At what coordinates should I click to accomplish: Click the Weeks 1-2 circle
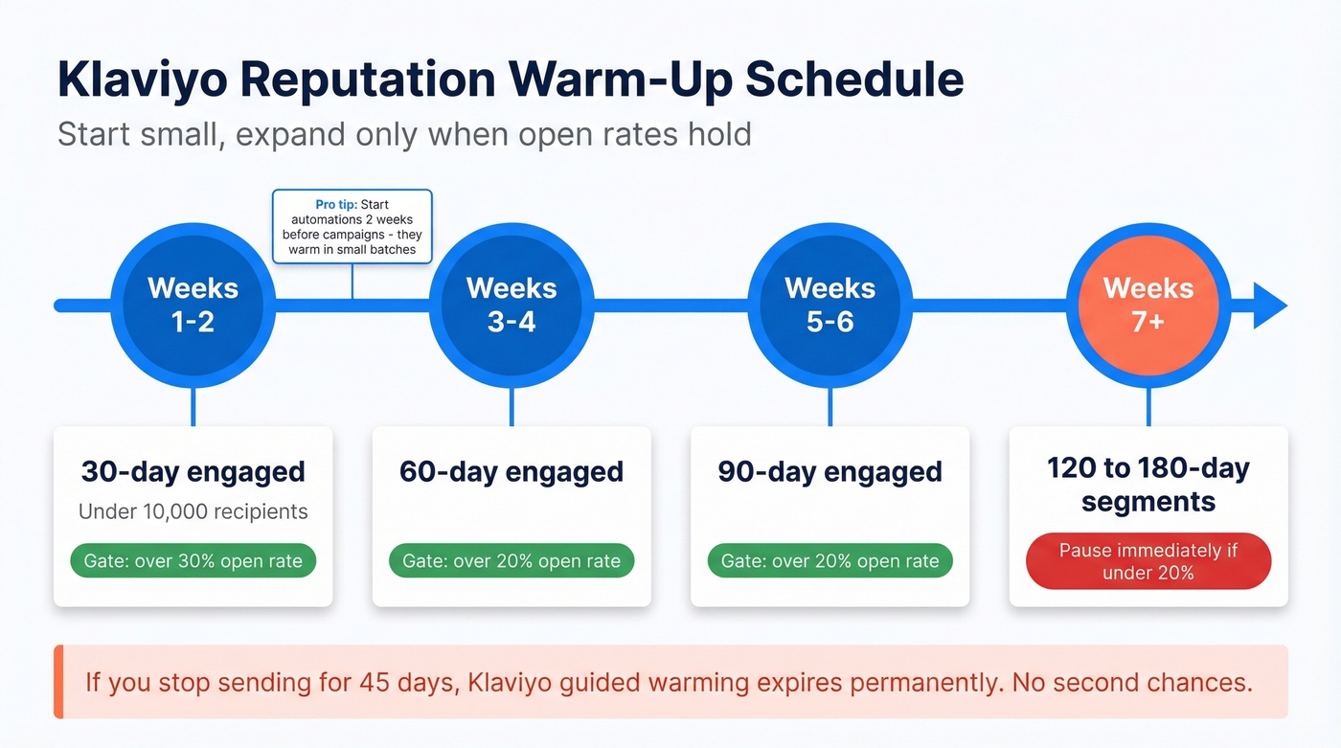point(193,306)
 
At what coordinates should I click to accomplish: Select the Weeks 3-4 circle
point(511,306)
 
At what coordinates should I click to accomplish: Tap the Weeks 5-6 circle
point(830,306)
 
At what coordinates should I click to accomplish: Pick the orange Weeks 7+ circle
point(1148,306)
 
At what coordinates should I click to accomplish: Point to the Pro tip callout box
point(352,226)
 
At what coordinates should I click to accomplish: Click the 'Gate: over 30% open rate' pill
point(193,561)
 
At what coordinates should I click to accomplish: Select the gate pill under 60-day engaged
point(511,561)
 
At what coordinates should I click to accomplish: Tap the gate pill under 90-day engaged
point(830,561)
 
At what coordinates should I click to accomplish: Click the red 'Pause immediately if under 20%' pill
point(1148,561)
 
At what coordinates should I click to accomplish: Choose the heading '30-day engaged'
point(193,472)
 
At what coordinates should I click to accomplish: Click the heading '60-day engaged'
point(511,472)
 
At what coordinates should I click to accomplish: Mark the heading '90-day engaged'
point(830,472)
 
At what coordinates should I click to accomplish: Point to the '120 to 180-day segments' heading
point(1148,485)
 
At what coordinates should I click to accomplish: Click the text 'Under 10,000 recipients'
point(193,511)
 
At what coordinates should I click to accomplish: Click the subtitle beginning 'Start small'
point(404,133)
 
